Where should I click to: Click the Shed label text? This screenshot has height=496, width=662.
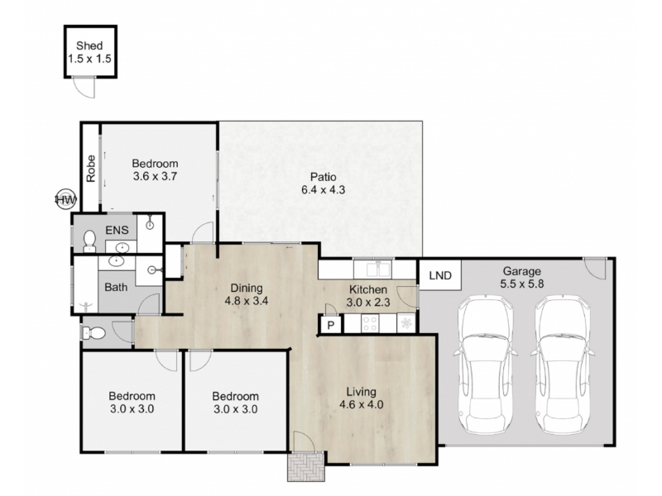pyautogui.click(x=89, y=45)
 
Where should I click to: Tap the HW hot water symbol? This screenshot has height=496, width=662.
pyautogui.click(x=66, y=198)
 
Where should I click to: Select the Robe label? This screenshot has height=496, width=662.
pyautogui.click(x=91, y=169)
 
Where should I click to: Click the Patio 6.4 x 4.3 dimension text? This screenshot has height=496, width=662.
pyautogui.click(x=323, y=190)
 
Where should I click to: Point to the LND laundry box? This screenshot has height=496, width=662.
pyautogui.click(x=440, y=275)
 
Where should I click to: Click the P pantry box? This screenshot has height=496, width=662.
pyautogui.click(x=331, y=325)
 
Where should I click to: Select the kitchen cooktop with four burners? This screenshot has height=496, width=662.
pyautogui.click(x=370, y=324)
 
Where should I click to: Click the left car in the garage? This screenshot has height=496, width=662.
pyautogui.click(x=486, y=365)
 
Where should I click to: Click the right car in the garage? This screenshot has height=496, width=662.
pyautogui.click(x=564, y=365)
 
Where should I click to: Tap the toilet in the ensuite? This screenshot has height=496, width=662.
pyautogui.click(x=89, y=241)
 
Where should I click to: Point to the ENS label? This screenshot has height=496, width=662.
pyautogui.click(x=117, y=231)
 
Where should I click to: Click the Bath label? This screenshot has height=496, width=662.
pyautogui.click(x=116, y=287)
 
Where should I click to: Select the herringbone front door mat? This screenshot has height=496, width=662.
pyautogui.click(x=305, y=466)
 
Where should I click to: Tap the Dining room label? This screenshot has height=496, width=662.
pyautogui.click(x=247, y=288)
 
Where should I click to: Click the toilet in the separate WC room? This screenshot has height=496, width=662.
pyautogui.click(x=94, y=334)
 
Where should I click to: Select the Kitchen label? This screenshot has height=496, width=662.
pyautogui.click(x=368, y=290)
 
